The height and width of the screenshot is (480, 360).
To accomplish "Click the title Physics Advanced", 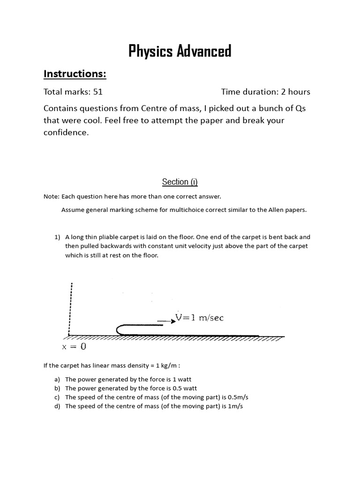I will click(180, 51).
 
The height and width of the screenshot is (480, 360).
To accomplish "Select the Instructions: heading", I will click(75, 74).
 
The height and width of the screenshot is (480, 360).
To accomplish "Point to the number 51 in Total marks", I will click(98, 92).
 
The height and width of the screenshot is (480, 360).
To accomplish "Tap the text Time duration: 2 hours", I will click(265, 92).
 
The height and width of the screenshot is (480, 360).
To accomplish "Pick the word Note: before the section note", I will click(51, 196).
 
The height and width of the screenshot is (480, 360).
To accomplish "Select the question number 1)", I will click(58, 237).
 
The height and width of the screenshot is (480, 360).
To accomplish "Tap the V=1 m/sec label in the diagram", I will click(199, 318).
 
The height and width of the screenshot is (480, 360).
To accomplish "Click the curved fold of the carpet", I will click(119, 330).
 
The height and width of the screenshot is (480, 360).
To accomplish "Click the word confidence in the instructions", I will click(65, 133).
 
